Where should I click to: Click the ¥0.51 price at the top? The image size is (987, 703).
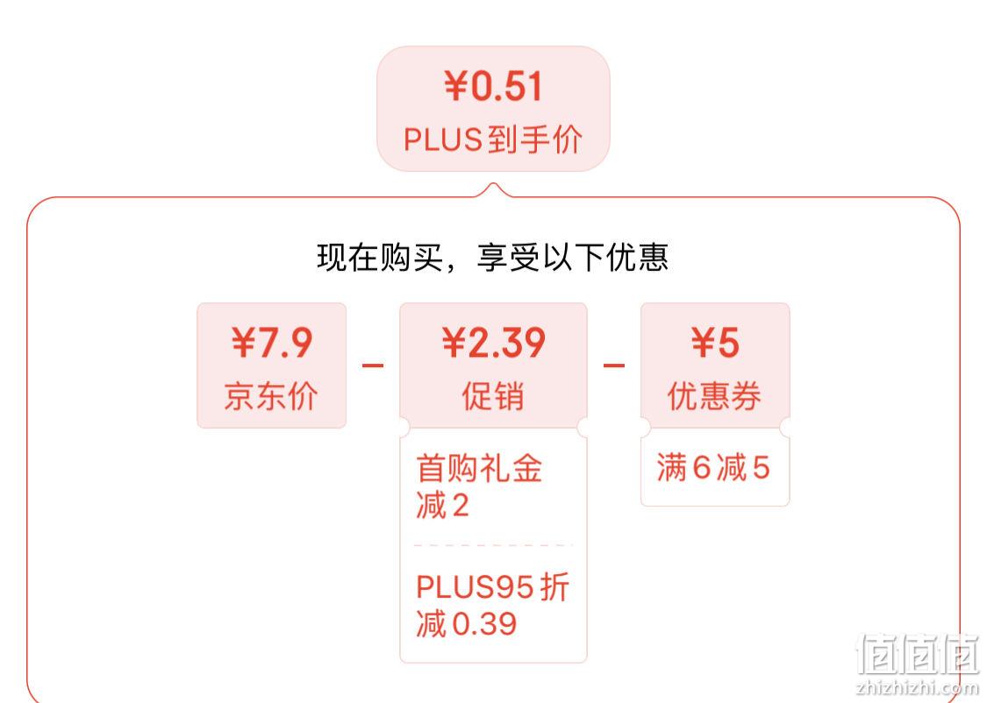(x=493, y=86)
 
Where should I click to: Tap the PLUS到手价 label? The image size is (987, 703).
(x=493, y=139)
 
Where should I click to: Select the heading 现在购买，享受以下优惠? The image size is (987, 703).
(x=492, y=257)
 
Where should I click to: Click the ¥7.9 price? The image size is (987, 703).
(x=271, y=343)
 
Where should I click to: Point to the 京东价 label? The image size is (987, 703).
(x=271, y=396)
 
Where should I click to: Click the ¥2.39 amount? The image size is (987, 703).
(x=493, y=343)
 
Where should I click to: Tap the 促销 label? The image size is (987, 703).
(x=493, y=396)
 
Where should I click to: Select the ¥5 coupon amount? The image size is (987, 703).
(x=715, y=343)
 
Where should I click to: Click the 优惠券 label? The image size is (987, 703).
(x=714, y=396)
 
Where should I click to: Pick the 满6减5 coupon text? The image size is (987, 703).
(x=713, y=468)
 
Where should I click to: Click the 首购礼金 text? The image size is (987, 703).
(x=479, y=468)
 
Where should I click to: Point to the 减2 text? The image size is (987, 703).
(x=442, y=505)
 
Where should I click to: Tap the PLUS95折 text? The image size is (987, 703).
(x=492, y=586)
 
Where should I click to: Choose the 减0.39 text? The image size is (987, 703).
(x=467, y=624)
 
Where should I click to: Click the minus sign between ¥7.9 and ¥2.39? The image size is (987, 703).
(x=373, y=365)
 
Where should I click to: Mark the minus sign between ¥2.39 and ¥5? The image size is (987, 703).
(x=614, y=365)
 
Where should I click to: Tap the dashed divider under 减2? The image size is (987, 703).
(x=493, y=545)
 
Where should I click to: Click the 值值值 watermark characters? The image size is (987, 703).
(x=918, y=654)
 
